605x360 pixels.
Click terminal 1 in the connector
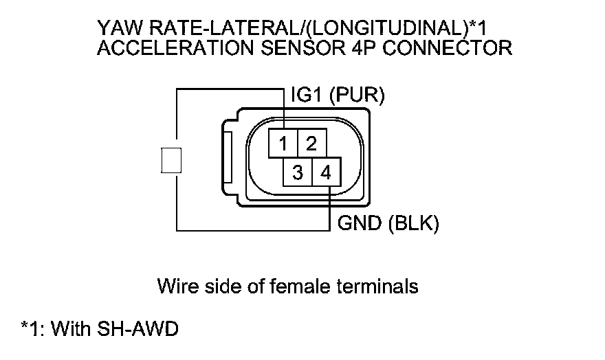(283, 144)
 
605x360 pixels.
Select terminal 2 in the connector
(311, 144)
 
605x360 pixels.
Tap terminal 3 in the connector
(297, 172)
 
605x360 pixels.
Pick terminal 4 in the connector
(327, 172)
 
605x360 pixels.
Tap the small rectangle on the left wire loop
(170, 160)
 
